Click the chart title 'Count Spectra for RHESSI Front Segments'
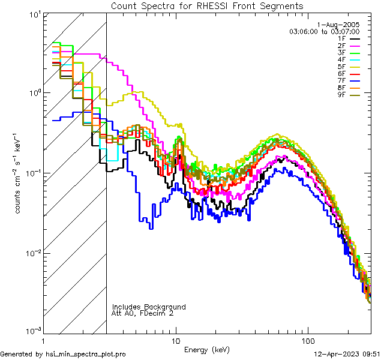(x=207, y=6)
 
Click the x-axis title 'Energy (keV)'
(x=206, y=350)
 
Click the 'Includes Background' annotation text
(x=148, y=307)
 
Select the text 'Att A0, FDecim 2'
(x=143, y=314)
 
